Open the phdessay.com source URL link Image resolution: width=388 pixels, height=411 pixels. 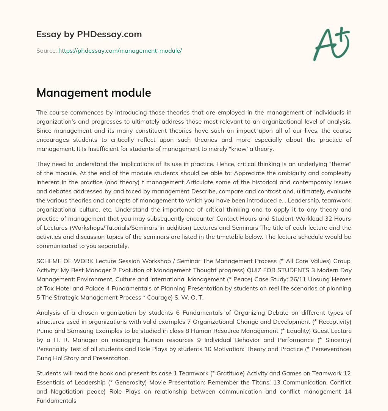click(120, 50)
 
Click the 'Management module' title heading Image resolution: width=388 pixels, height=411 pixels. click(94, 93)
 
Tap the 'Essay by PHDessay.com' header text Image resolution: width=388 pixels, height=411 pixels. click(89, 35)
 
